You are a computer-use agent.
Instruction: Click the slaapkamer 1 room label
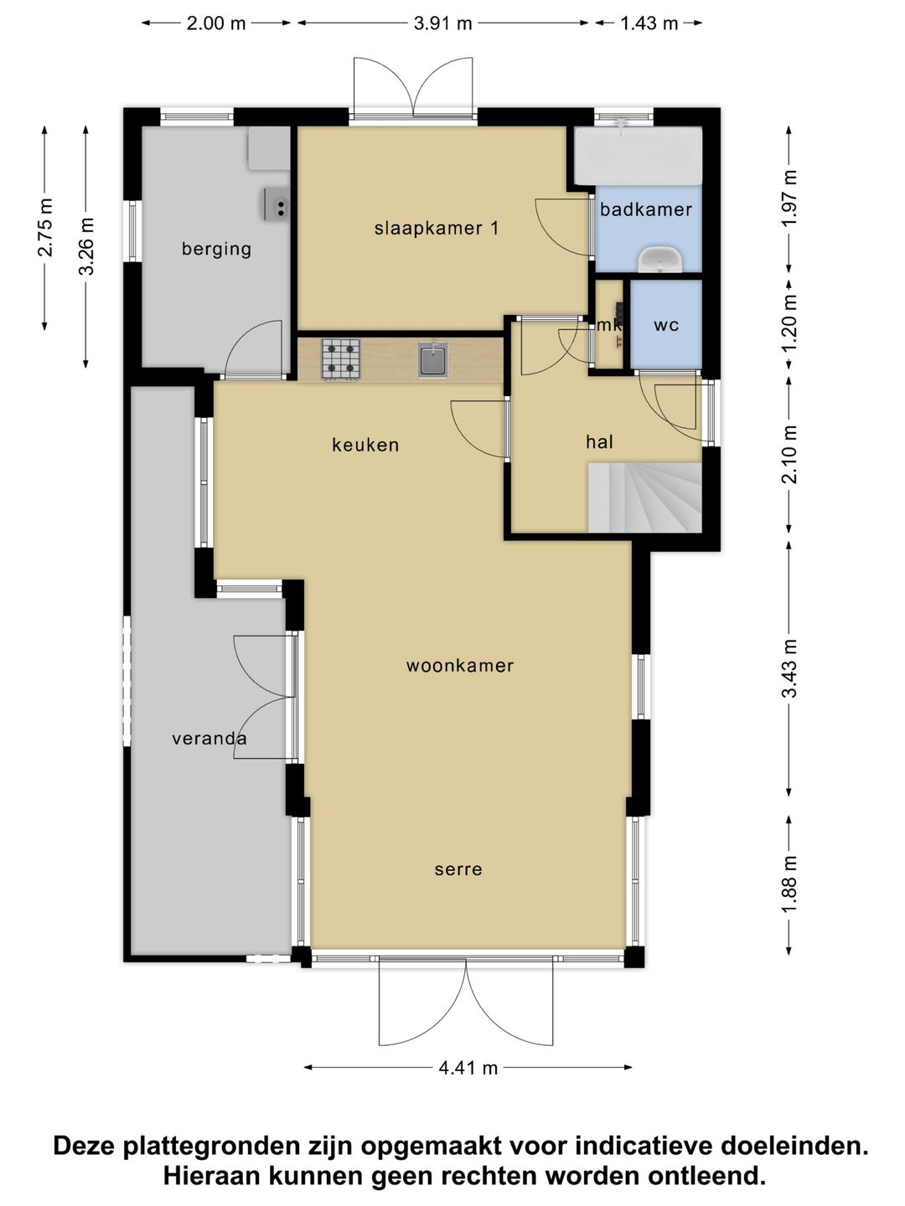click(437, 228)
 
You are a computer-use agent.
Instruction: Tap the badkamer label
click(645, 209)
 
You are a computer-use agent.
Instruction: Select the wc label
click(666, 325)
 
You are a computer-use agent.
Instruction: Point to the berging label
click(216, 250)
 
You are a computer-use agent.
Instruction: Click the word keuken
click(365, 445)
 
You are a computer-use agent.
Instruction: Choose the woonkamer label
click(460, 665)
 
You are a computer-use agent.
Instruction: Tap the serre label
click(458, 869)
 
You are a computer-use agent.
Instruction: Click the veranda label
click(209, 739)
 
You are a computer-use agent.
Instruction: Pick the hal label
click(599, 441)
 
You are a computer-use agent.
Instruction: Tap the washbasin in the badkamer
click(660, 260)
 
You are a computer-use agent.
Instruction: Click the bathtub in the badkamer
click(639, 156)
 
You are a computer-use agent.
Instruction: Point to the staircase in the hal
click(645, 497)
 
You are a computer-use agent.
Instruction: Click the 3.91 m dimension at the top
click(443, 23)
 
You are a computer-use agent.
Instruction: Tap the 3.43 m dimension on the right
click(789, 668)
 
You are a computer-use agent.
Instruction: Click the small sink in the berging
click(277, 204)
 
